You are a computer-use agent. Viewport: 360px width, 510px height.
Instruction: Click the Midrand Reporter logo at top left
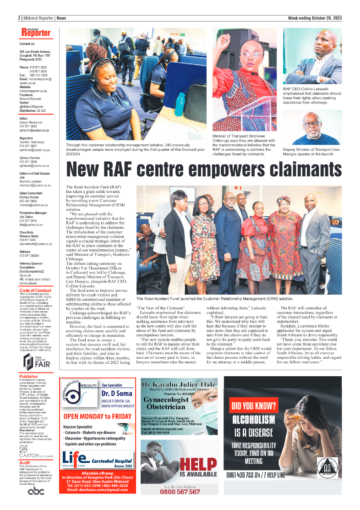click(x=36, y=33)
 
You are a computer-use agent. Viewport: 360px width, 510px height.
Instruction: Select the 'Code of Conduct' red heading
click(x=36, y=291)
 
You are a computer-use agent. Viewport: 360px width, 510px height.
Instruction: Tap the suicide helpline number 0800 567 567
click(x=180, y=491)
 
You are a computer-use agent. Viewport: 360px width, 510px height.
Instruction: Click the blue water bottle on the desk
click(x=179, y=106)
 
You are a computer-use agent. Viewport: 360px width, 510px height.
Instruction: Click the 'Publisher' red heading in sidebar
click(x=28, y=377)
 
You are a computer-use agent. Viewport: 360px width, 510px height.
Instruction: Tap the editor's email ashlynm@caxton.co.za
click(x=34, y=130)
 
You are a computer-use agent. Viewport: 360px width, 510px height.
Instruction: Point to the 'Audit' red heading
click(x=25, y=463)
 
